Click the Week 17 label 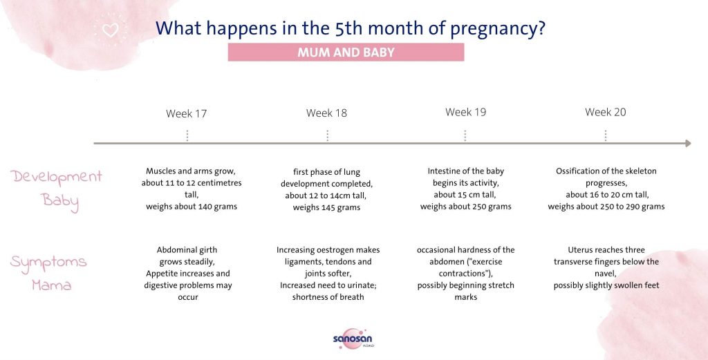click(x=186, y=113)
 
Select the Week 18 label click(x=326, y=113)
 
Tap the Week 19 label click(x=465, y=112)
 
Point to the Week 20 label click(x=605, y=112)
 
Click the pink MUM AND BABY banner click(x=346, y=53)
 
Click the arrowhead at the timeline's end click(x=687, y=144)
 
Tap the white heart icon click(x=110, y=30)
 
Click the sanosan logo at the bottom click(x=353, y=339)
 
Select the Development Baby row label click(x=57, y=189)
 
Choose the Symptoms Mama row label click(x=48, y=273)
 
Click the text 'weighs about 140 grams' click(x=192, y=207)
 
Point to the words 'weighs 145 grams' click(x=326, y=207)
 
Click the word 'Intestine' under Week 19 click(x=443, y=171)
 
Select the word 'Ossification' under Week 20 click(x=579, y=171)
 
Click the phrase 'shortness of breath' click(x=328, y=297)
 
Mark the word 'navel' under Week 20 click(x=606, y=274)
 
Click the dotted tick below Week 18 click(x=327, y=135)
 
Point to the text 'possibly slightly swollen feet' click(x=606, y=285)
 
